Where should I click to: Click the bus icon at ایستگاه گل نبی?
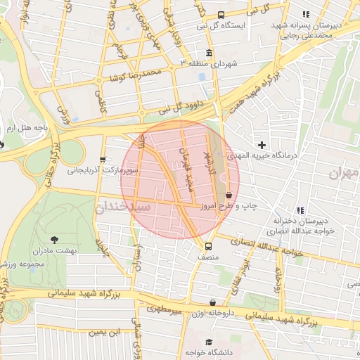[x=221, y=15]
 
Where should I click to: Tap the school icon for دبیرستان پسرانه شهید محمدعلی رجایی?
[x=305, y=14]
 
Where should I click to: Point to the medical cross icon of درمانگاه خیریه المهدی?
[x=262, y=144]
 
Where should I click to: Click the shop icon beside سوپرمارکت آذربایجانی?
[x=104, y=160]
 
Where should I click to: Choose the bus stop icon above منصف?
[x=207, y=246]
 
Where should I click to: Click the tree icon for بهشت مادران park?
[x=55, y=240]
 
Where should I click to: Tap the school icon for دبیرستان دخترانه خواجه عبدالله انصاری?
[x=301, y=210]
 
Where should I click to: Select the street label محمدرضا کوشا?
[x=136, y=74]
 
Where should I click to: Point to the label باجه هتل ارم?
[x=26, y=129]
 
